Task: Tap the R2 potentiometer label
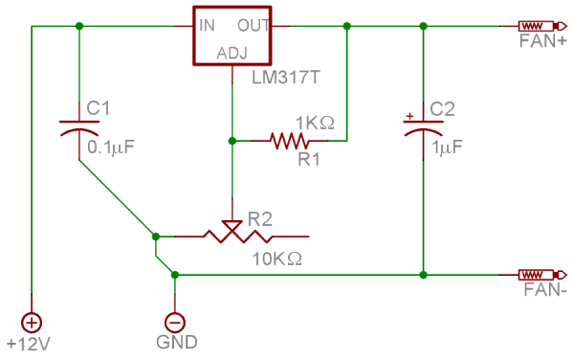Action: (260, 217)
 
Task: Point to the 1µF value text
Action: (447, 147)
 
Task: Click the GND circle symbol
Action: (175, 322)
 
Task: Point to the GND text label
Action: (177, 342)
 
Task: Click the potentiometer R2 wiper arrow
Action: (232, 226)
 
